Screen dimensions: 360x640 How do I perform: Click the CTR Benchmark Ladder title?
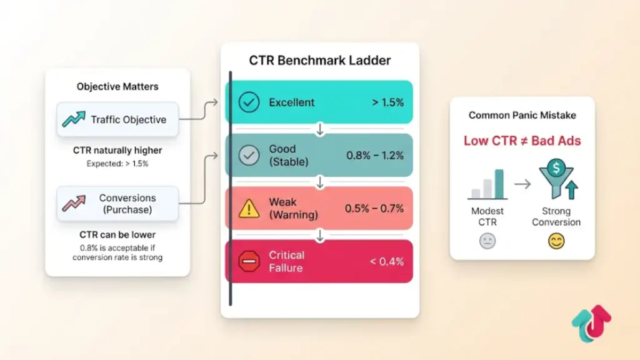pyautogui.click(x=319, y=61)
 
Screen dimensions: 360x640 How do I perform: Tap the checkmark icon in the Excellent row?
pyautogui.click(x=249, y=102)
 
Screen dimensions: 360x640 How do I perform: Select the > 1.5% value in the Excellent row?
pyautogui.click(x=387, y=102)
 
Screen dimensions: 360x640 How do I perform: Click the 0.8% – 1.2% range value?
pyautogui.click(x=374, y=155)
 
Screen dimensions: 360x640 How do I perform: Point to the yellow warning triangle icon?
pyautogui.click(x=249, y=209)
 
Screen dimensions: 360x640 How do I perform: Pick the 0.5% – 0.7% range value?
pyautogui.click(x=374, y=209)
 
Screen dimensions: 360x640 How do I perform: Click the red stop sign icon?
pyautogui.click(x=249, y=261)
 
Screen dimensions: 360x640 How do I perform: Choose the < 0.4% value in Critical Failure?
pyautogui.click(x=387, y=261)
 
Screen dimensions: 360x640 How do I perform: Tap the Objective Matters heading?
pyautogui.click(x=117, y=87)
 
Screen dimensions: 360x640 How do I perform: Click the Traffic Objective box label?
pyautogui.click(x=129, y=119)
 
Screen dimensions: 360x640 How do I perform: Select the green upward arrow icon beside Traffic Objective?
pyautogui.click(x=74, y=119)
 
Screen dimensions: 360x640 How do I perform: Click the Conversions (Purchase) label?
pyautogui.click(x=127, y=204)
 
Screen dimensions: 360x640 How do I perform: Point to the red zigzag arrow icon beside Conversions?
pyautogui.click(x=74, y=203)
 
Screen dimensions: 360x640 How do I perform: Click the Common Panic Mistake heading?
pyautogui.click(x=522, y=116)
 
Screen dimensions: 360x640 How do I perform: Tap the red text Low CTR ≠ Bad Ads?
pyautogui.click(x=522, y=141)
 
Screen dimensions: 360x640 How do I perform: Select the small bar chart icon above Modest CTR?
pyautogui.click(x=487, y=184)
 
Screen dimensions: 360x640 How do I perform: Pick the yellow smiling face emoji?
pyautogui.click(x=556, y=241)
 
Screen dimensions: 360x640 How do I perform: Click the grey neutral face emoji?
pyautogui.click(x=487, y=241)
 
